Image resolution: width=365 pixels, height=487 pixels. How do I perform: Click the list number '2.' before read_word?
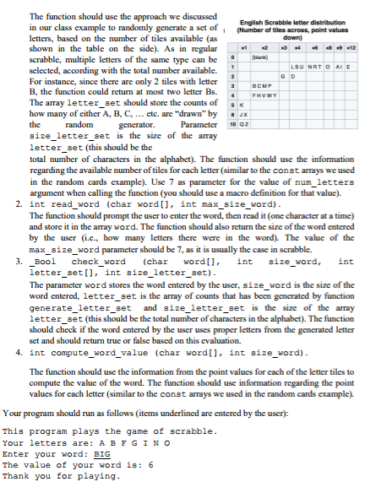(x=19, y=205)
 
